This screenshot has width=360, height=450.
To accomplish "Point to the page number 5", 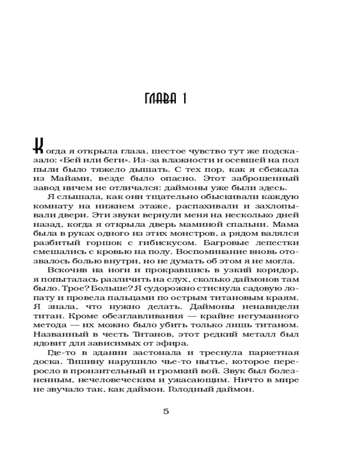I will click(166, 411).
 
